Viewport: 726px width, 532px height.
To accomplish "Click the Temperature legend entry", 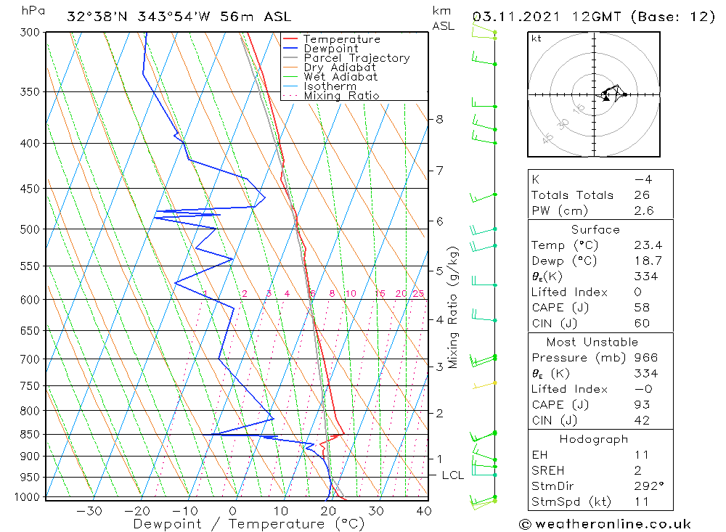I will tap(341, 40).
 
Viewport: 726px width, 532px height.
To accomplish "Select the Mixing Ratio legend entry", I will tap(341, 96).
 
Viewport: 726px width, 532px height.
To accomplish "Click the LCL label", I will tap(453, 475).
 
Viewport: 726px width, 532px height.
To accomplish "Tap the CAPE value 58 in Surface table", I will tap(641, 308).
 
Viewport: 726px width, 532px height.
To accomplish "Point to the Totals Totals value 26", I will tap(641, 195).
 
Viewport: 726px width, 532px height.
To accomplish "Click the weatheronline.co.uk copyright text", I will tap(605, 524).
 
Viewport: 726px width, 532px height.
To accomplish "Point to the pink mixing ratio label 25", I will tap(418, 294).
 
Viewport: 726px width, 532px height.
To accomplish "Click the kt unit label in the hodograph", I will tap(537, 39).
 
